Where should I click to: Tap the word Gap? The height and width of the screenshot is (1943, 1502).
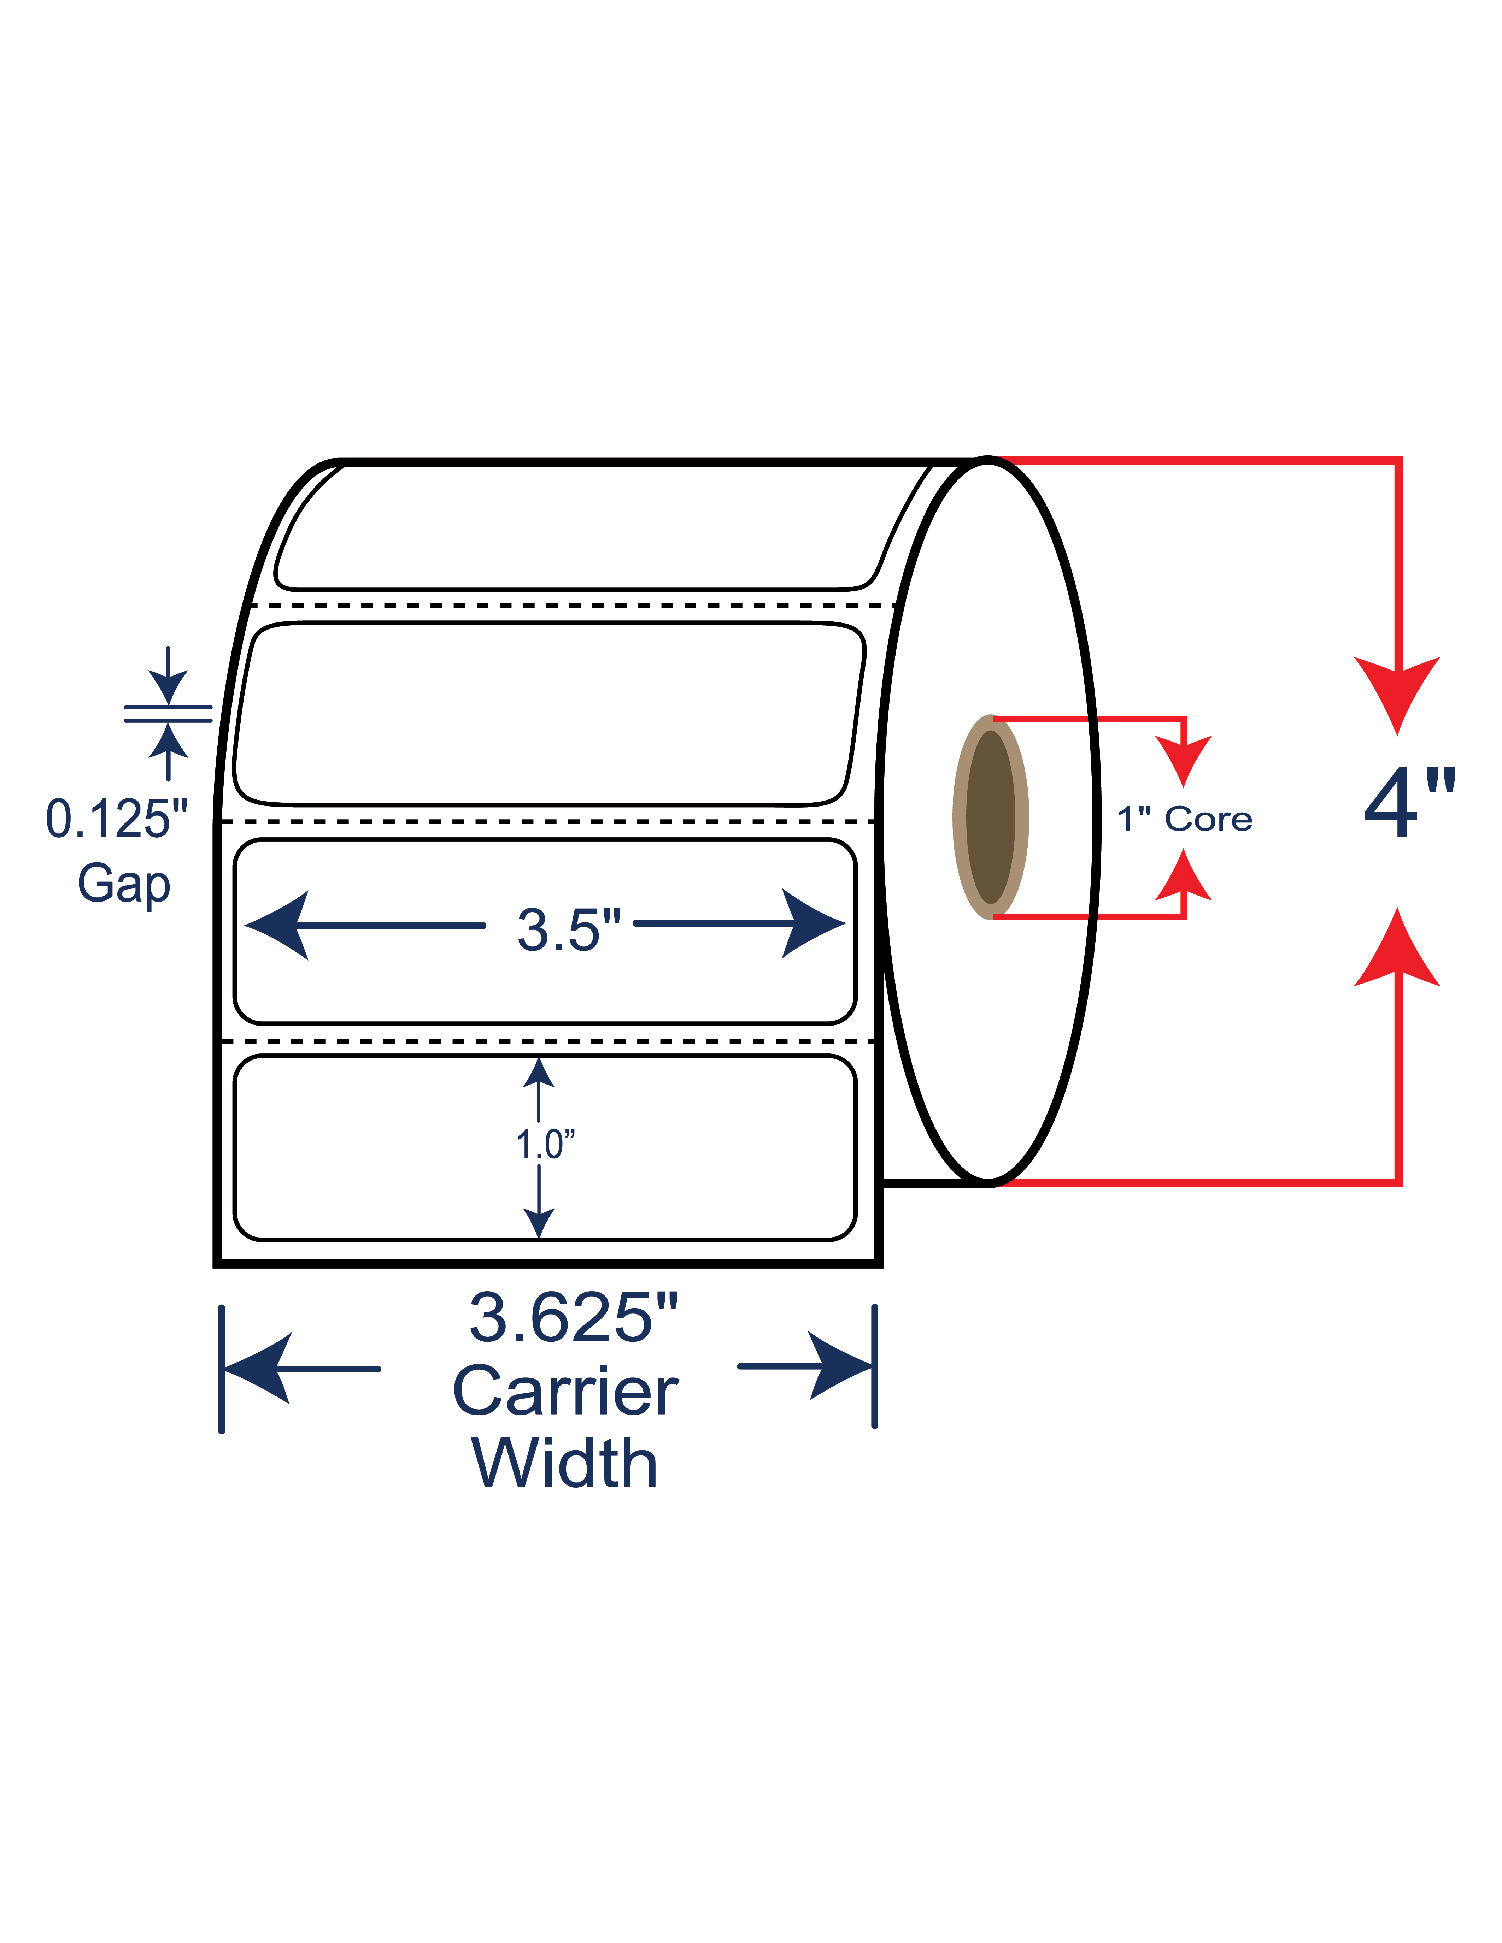pyautogui.click(x=124, y=885)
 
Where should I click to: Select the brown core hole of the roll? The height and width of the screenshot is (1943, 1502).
pyautogui.click(x=990, y=817)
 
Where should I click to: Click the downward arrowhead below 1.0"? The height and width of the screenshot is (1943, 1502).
pyautogui.click(x=539, y=1223)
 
